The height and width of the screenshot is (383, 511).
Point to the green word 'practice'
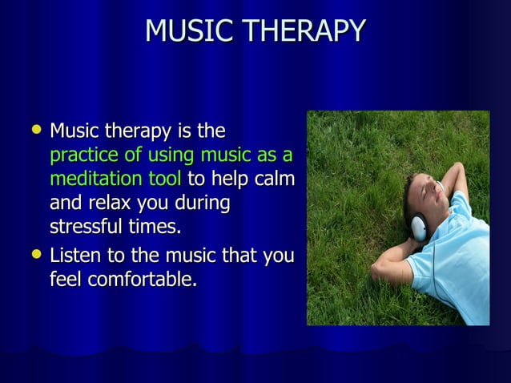coord(82,155)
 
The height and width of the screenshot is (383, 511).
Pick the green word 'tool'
coord(164,179)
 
